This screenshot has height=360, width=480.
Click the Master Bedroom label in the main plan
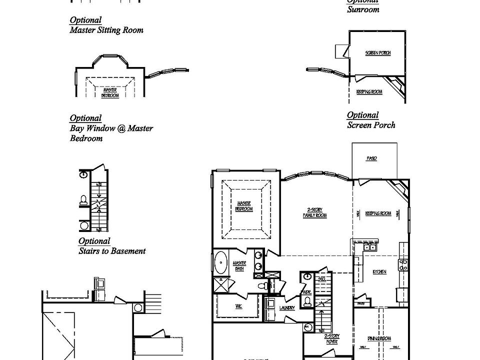pyautogui.click(x=244, y=206)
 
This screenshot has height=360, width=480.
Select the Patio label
pyautogui.click(x=371, y=158)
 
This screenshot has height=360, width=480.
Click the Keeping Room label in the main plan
pyautogui.click(x=378, y=213)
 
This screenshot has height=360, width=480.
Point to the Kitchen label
pyautogui.click(x=379, y=271)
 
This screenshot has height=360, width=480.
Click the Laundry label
pyautogui.click(x=287, y=308)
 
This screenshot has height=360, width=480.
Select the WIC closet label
pyautogui.click(x=238, y=306)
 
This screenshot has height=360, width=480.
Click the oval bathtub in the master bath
pyautogui.click(x=220, y=263)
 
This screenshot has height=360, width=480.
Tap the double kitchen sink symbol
pyautogui.click(x=370, y=246)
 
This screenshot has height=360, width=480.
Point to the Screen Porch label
pyautogui.click(x=378, y=52)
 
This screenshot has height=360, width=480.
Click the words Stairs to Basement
pyautogui.click(x=112, y=251)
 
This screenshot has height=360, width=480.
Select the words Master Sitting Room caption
pyautogui.click(x=106, y=30)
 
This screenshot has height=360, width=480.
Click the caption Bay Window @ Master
pyautogui.click(x=111, y=128)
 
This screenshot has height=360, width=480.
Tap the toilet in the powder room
pyautogui.click(x=308, y=300)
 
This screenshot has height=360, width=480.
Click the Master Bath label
pyautogui.click(x=239, y=265)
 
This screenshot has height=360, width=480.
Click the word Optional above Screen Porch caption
pyautogui.click(x=362, y=115)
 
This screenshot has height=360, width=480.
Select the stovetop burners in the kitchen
pyautogui.click(x=403, y=264)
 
